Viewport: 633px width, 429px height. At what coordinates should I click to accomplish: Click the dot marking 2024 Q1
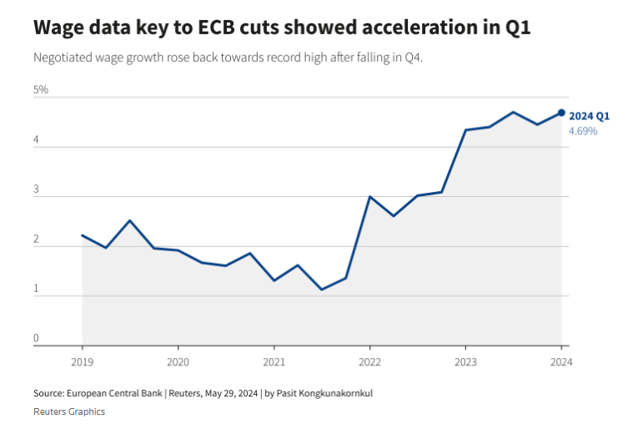tap(561, 113)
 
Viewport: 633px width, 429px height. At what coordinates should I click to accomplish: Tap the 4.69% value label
tap(583, 131)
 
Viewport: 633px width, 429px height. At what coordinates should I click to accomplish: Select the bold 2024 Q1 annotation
tap(590, 116)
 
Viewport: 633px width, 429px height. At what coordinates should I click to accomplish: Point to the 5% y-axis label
tap(41, 89)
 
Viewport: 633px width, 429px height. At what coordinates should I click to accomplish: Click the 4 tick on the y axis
tap(37, 141)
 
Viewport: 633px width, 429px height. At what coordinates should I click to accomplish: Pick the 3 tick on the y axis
tap(37, 190)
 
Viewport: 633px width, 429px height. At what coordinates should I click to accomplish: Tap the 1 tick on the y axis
tap(37, 289)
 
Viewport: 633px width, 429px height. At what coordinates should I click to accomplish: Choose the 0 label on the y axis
tap(37, 338)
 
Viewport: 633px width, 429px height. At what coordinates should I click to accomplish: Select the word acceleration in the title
tap(396, 28)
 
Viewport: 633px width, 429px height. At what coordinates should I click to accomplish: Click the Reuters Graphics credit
tap(69, 411)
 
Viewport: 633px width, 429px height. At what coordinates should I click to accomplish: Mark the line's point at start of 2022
tap(369, 197)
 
